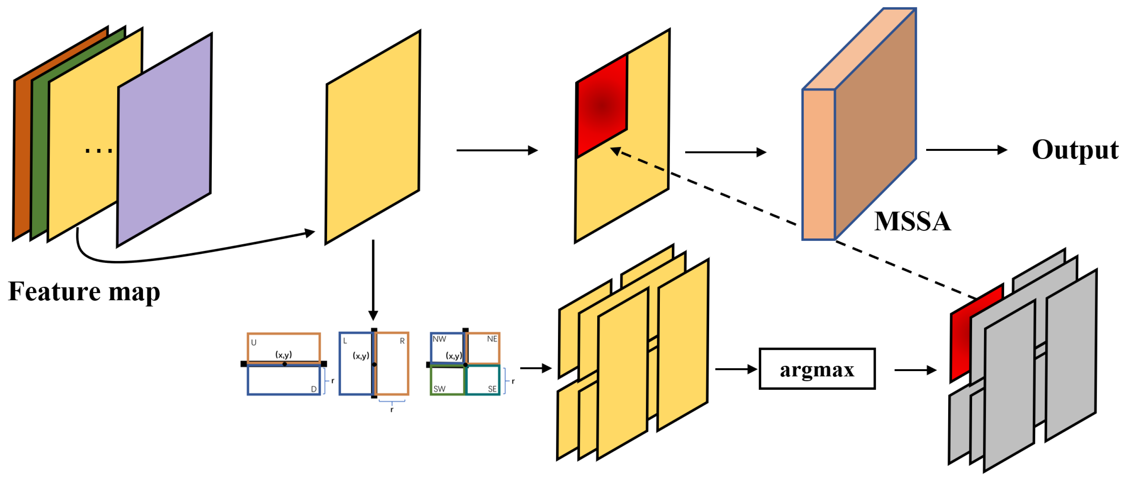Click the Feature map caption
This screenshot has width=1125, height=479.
(x=84, y=292)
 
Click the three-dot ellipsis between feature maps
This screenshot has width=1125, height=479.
(x=99, y=151)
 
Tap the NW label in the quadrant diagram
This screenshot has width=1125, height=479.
(x=439, y=339)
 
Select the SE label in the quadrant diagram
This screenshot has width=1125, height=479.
(x=492, y=389)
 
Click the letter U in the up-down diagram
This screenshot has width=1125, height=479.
(x=254, y=343)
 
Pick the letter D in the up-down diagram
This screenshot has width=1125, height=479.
(x=314, y=389)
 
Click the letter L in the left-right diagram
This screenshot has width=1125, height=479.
(x=345, y=341)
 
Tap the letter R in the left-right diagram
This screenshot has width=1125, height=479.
(x=402, y=341)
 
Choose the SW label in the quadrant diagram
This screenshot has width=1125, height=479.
(x=439, y=389)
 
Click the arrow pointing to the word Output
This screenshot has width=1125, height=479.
(x=966, y=150)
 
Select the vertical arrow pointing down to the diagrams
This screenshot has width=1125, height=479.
(x=373, y=280)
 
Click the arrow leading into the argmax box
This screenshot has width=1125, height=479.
(x=736, y=369)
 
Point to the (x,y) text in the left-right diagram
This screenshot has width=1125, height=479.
(x=361, y=356)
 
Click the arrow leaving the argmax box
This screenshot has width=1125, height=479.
(x=915, y=370)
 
